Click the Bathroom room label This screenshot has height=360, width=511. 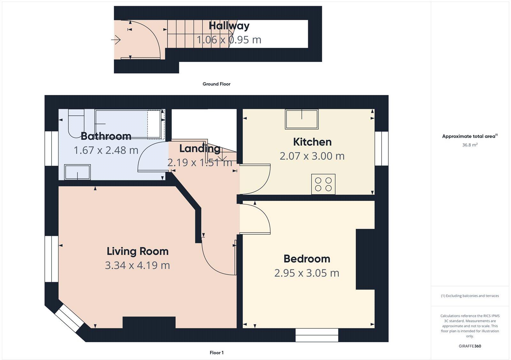(x=106, y=136)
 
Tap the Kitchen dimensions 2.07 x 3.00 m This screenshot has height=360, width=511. (x=312, y=156)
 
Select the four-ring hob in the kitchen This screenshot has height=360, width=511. (x=323, y=184)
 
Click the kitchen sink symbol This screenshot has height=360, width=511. (x=302, y=119)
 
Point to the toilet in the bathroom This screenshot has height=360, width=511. (x=76, y=123)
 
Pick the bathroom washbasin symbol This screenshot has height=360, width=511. (x=77, y=172)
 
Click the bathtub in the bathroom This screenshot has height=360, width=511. (x=128, y=124)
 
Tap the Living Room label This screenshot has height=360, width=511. (x=137, y=251)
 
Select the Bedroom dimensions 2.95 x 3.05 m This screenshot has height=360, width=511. (x=307, y=273)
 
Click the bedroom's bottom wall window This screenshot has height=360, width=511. (x=317, y=335)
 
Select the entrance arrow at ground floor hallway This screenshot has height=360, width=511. (x=116, y=40)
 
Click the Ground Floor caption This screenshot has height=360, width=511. (x=216, y=84)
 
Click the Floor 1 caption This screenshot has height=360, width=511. (x=216, y=353)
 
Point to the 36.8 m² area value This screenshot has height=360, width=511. (x=469, y=145)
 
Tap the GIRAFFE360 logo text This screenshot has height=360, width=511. (x=470, y=346)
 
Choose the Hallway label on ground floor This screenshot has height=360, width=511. (x=229, y=26)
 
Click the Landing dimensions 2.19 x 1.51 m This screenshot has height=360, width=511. (x=200, y=163)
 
